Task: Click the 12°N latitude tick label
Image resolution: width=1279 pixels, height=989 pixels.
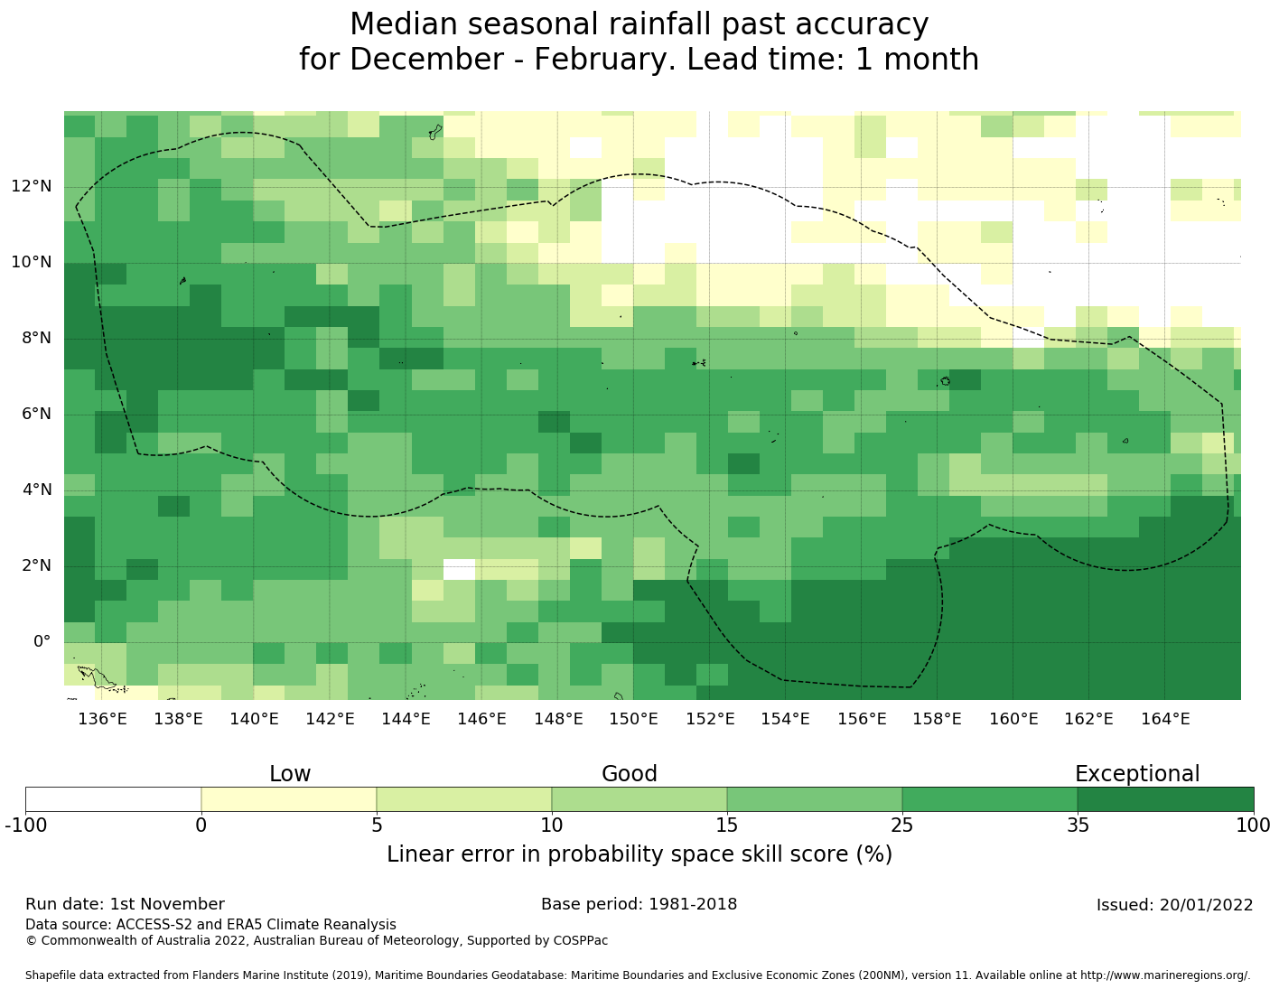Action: pos(31,187)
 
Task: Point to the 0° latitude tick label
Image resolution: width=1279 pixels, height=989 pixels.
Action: pos(42,642)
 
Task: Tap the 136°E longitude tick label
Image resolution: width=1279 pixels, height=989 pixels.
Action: pos(102,719)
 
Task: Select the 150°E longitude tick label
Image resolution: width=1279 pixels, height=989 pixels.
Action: pos(633,719)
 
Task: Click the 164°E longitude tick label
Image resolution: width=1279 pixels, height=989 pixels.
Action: pos(1165,719)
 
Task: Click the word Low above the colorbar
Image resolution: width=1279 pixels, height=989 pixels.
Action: pos(290,774)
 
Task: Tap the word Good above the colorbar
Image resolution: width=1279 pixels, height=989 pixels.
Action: pos(630,774)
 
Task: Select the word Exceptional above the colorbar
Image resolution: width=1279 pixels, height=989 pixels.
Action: pos(1136,774)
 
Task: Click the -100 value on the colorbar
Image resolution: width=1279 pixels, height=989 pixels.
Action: pos(25,825)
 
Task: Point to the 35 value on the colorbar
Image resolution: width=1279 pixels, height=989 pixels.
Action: pos(1078,825)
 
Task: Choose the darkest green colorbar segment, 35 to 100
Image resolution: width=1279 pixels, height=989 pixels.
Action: pos(1165,799)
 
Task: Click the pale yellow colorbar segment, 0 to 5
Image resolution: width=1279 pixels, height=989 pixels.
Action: pos(288,799)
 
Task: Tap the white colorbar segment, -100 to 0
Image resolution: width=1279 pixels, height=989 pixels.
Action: pos(113,799)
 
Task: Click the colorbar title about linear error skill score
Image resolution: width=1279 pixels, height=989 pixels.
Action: pos(639,854)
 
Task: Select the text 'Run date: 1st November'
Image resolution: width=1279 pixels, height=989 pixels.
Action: pos(125,904)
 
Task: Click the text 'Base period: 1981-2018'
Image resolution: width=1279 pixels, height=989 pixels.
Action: pos(639,904)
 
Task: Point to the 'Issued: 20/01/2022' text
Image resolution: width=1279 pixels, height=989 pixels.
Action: pos(1174,905)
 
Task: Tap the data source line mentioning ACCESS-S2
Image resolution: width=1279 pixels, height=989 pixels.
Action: pos(210,925)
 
